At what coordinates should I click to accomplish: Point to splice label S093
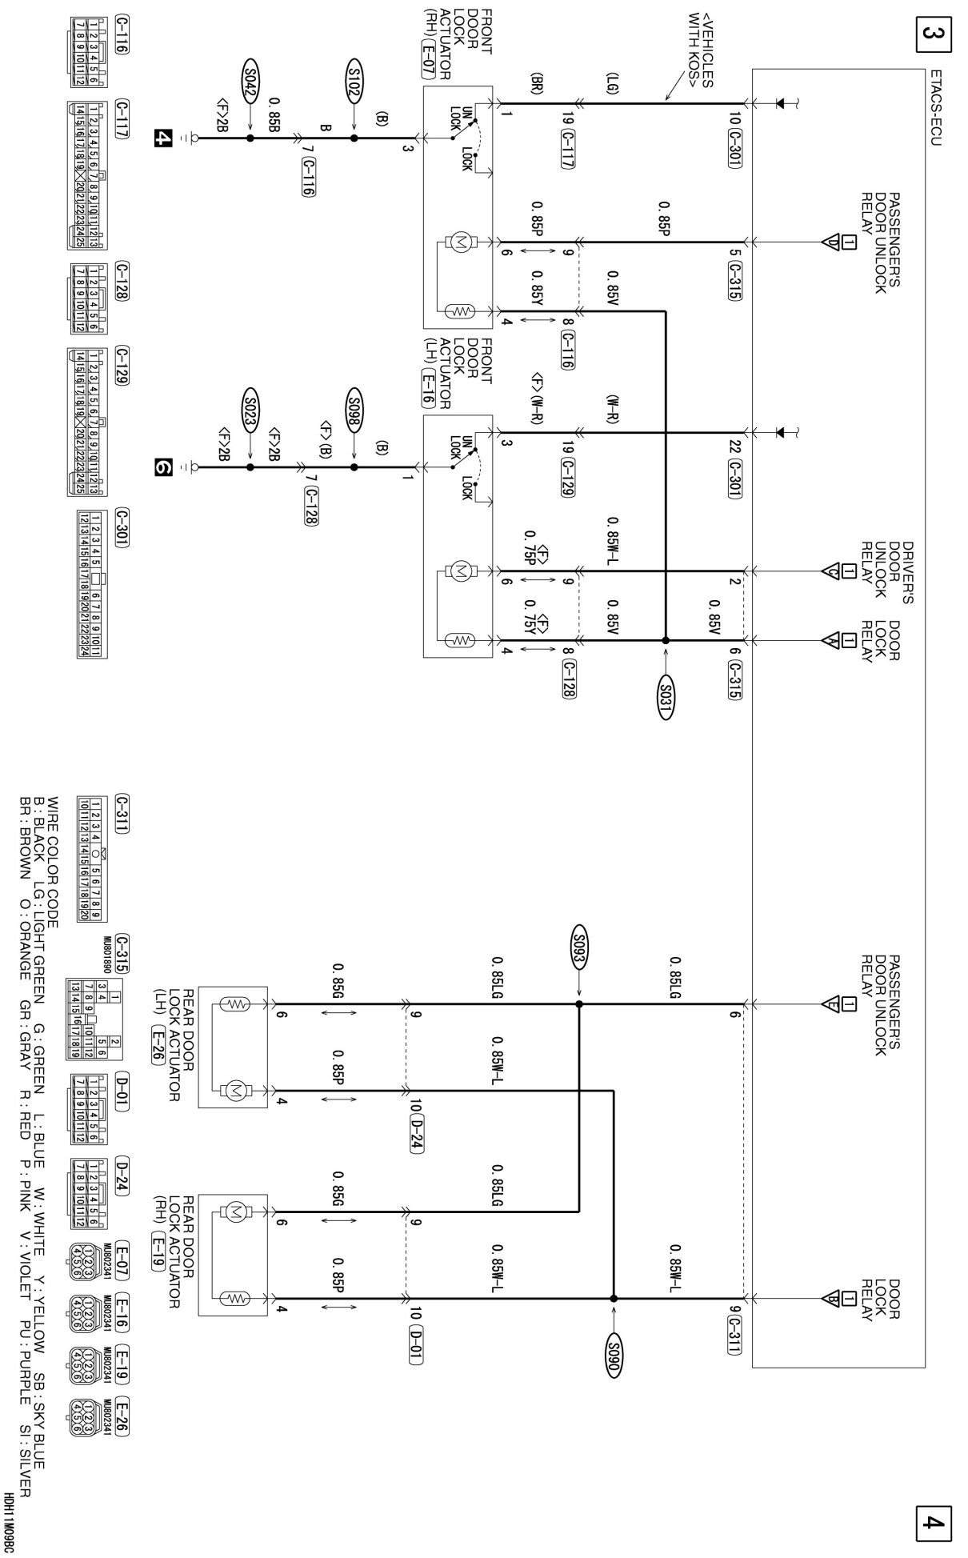pyautogui.click(x=578, y=945)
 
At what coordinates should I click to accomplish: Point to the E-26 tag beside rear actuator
pyautogui.click(x=158, y=1043)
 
